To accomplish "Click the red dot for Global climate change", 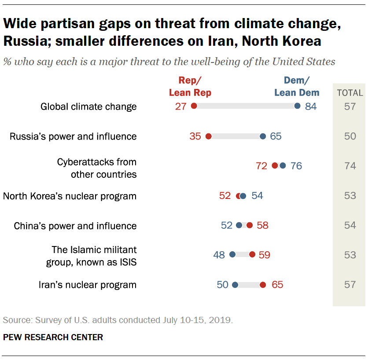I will click(x=194, y=106).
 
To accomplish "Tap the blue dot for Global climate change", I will click(x=297, y=106).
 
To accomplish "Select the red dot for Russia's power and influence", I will click(x=208, y=136).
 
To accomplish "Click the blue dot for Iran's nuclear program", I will click(x=235, y=285).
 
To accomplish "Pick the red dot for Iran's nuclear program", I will click(x=263, y=285).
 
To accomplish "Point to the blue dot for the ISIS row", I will click(x=232, y=254).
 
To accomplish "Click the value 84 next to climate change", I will click(x=311, y=107).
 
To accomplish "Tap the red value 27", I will click(x=181, y=107).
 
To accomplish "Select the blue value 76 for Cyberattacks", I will click(x=296, y=166).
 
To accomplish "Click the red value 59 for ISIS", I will click(x=264, y=255).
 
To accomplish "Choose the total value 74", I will click(x=350, y=166).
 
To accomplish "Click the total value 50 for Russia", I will click(x=350, y=136).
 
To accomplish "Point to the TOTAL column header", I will click(x=350, y=93).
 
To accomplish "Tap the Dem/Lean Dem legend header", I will click(x=297, y=86).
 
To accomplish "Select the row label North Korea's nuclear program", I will click(x=70, y=196).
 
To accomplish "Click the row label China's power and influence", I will click(x=75, y=226).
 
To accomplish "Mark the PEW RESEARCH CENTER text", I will click(x=53, y=338).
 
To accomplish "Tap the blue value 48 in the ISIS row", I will click(x=219, y=255).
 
